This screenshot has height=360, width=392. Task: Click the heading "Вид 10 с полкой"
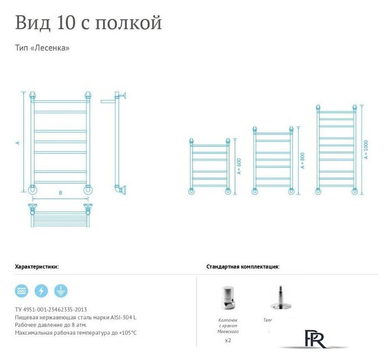click(x=88, y=23)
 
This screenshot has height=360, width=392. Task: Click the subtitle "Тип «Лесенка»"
click(x=42, y=48)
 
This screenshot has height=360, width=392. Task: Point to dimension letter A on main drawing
click(x=18, y=143)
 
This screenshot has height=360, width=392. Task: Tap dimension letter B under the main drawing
click(x=60, y=192)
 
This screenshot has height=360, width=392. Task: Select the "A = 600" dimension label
click(x=239, y=166)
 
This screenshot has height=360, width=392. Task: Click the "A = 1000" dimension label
click(x=366, y=150)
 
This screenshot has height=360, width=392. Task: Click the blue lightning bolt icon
click(x=41, y=291)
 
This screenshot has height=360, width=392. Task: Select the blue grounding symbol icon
click(x=61, y=291)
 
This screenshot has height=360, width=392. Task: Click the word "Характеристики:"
click(x=37, y=267)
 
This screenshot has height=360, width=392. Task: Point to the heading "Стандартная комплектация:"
click(x=243, y=267)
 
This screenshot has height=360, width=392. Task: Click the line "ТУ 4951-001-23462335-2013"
click(x=51, y=309)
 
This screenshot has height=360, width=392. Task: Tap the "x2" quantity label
click(x=228, y=340)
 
